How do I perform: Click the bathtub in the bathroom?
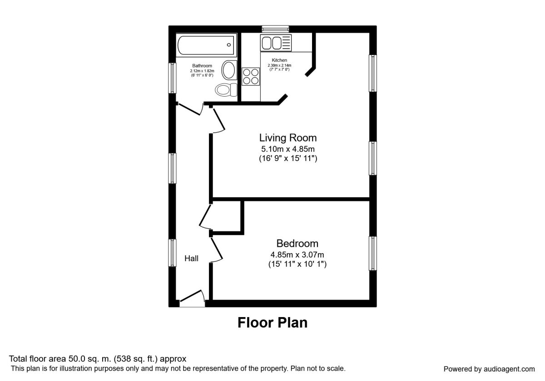tap(206, 45)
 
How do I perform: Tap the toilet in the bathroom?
tap(226, 90)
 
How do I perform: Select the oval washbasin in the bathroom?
tap(229, 70)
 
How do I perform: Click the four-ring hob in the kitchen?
tap(251, 77)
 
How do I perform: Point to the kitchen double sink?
tap(276, 43)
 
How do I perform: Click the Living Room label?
tap(288, 138)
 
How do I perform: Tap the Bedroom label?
tap(297, 244)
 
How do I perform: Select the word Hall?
tap(192, 259)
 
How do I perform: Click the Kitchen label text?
tap(279, 60)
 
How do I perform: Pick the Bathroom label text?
tap(202, 66)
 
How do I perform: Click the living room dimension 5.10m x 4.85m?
tap(288, 149)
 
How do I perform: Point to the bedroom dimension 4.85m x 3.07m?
tap(297, 254)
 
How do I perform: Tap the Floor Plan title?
tap(272, 322)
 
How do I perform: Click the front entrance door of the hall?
tap(192, 298)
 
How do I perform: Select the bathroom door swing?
tap(190, 108)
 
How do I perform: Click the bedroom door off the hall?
tap(217, 250)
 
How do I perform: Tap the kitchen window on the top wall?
tap(275, 29)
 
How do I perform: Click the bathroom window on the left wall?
tap(172, 78)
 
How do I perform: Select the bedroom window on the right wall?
tap(373, 254)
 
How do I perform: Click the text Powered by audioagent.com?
tap(489, 369)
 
